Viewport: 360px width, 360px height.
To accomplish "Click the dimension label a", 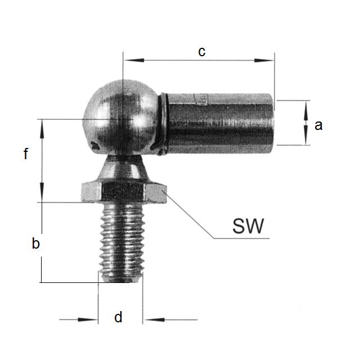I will pos(318,125).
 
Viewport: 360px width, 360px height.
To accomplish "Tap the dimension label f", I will pos(26,154).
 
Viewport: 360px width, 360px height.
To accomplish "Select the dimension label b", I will pos(35,244).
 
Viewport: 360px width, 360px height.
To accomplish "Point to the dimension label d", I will pos(118,318).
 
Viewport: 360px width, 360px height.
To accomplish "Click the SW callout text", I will pos(248,226).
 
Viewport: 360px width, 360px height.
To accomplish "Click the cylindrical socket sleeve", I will pos(219,123).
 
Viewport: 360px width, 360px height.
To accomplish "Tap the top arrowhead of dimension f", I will pos(42,124).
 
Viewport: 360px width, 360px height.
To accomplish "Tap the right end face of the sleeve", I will pos(273,123).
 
